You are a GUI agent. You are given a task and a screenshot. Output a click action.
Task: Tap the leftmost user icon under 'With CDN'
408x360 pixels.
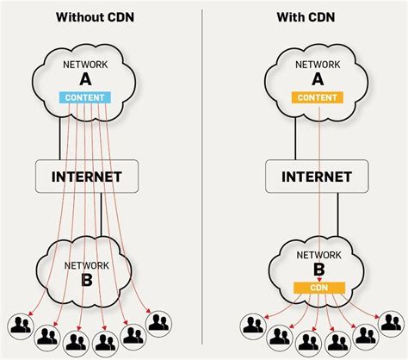[252, 325]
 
